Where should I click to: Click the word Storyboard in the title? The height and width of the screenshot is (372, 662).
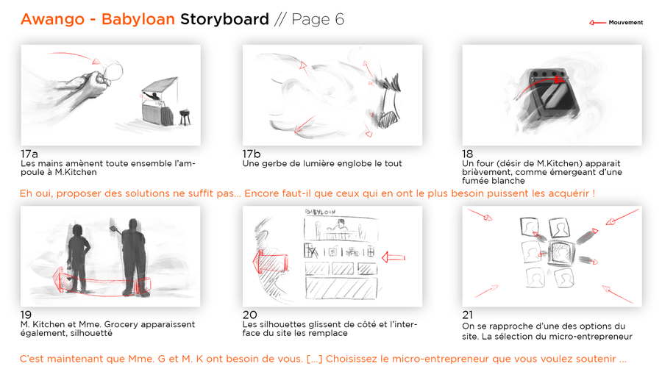tap(224, 20)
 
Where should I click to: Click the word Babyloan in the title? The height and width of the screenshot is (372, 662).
tap(138, 19)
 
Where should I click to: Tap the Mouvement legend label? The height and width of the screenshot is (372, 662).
tap(626, 22)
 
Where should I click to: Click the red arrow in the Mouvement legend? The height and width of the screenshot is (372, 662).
tap(597, 22)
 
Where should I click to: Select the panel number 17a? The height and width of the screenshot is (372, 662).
tap(29, 154)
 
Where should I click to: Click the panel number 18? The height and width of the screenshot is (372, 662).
tap(467, 154)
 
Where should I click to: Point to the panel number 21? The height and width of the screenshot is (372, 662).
tap(467, 315)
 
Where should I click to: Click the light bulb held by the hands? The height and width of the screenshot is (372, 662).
tap(112, 70)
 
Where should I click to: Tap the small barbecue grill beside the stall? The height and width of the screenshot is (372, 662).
tap(185, 117)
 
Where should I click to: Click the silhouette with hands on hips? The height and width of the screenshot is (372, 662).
tap(78, 258)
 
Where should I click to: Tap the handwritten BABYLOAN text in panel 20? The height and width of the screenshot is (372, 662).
tap(321, 212)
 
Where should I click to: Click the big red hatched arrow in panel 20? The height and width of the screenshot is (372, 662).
tap(270, 262)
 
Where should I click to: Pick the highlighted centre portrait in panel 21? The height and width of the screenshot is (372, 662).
tap(561, 254)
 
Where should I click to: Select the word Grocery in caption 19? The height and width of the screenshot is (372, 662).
tap(121, 325)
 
